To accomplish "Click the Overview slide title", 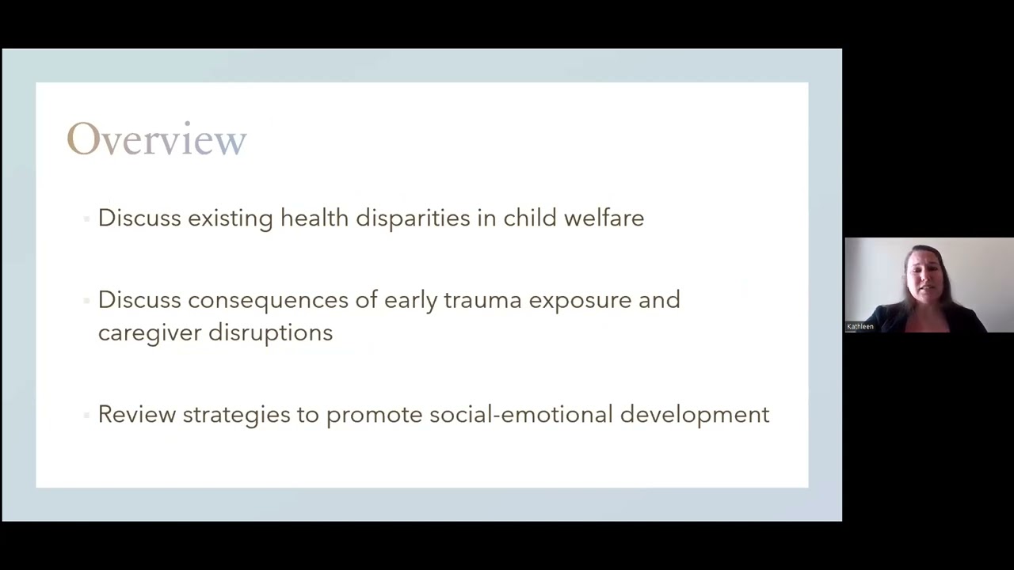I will (157, 140).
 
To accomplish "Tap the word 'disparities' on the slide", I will (413, 218).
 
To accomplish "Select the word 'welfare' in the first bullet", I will (604, 218).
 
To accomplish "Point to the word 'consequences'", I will (268, 300).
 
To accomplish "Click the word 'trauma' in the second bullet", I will (482, 300).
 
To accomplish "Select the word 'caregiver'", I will (149, 332).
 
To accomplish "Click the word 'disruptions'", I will (270, 332).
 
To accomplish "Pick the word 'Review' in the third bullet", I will (136, 414).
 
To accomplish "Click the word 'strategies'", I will (236, 415).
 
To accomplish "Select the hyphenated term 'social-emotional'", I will (520, 414).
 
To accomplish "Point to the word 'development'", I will (694, 415).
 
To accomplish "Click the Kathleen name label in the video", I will (860, 326).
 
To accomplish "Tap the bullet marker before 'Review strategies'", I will (86, 415).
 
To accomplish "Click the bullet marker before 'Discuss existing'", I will (86, 218).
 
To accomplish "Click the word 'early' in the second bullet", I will (410, 301).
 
